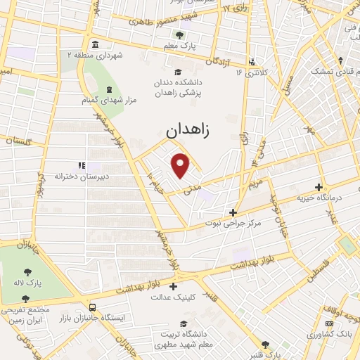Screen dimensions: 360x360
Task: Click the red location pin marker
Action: point(181,165)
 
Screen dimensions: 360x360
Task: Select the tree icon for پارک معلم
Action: point(179,35)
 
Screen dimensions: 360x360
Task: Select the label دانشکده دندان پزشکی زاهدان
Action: point(178,87)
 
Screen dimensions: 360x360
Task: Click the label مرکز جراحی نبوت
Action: point(233,224)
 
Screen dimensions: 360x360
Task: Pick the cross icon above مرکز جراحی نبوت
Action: point(233,212)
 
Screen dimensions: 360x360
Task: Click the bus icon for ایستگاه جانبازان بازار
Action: point(93,307)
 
